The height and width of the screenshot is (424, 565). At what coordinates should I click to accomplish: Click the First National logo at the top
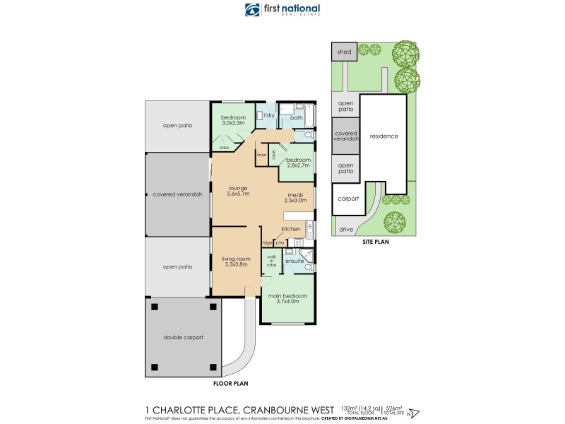point(282,10)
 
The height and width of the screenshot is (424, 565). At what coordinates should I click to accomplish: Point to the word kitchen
point(291,230)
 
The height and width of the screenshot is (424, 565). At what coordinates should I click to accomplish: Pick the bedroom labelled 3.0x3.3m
point(233,120)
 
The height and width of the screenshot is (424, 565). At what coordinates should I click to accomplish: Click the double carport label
point(183,338)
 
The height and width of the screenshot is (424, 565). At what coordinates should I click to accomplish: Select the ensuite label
point(294,261)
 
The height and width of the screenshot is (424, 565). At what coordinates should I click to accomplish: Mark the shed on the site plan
point(344,52)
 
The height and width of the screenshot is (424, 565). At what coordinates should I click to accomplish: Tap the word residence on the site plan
point(384,136)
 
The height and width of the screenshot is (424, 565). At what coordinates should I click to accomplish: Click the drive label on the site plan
point(346,230)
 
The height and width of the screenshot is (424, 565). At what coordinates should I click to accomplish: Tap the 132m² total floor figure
point(351,408)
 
